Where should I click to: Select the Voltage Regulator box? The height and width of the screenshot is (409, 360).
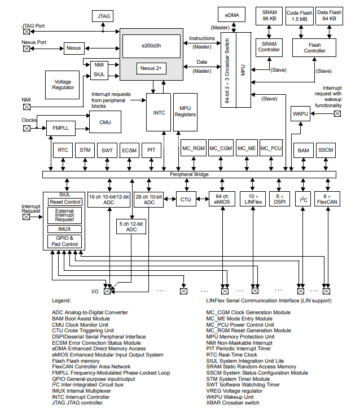pos(63,85)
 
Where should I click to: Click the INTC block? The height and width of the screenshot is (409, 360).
pos(159,113)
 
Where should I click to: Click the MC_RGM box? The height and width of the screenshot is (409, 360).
pos(194,148)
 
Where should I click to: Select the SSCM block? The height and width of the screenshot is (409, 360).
pos(326,151)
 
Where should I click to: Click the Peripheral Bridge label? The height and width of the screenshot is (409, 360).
pos(193,174)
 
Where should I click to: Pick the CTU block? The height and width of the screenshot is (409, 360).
pos(186,199)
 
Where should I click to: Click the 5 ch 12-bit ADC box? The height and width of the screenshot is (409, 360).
pos(131,226)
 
